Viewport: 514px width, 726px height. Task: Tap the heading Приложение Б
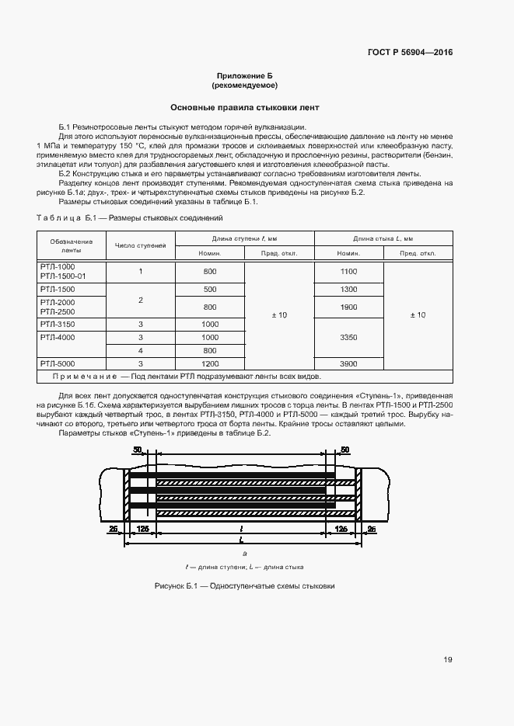tap(244, 76)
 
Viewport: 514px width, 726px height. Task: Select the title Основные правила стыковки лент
tap(244, 107)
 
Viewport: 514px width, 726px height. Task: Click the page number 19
tap(448, 659)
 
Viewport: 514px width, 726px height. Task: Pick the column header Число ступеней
tap(141, 246)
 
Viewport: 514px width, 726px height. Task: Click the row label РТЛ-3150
tap(57, 324)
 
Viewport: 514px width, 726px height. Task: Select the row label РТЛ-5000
tap(57, 363)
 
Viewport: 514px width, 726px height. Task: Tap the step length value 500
tap(210, 289)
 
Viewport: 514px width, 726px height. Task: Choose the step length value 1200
tap(210, 363)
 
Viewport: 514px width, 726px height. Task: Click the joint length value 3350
tap(348, 338)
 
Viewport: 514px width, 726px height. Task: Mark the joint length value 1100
tap(348, 271)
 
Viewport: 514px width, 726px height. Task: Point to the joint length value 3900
tap(348, 363)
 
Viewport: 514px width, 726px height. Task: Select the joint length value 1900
tap(348, 307)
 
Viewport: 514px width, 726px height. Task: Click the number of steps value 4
tap(141, 350)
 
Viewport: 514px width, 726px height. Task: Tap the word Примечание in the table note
tap(81, 376)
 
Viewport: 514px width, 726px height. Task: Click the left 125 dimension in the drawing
tap(142, 529)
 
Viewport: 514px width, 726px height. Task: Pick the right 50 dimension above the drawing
tap(346, 450)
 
